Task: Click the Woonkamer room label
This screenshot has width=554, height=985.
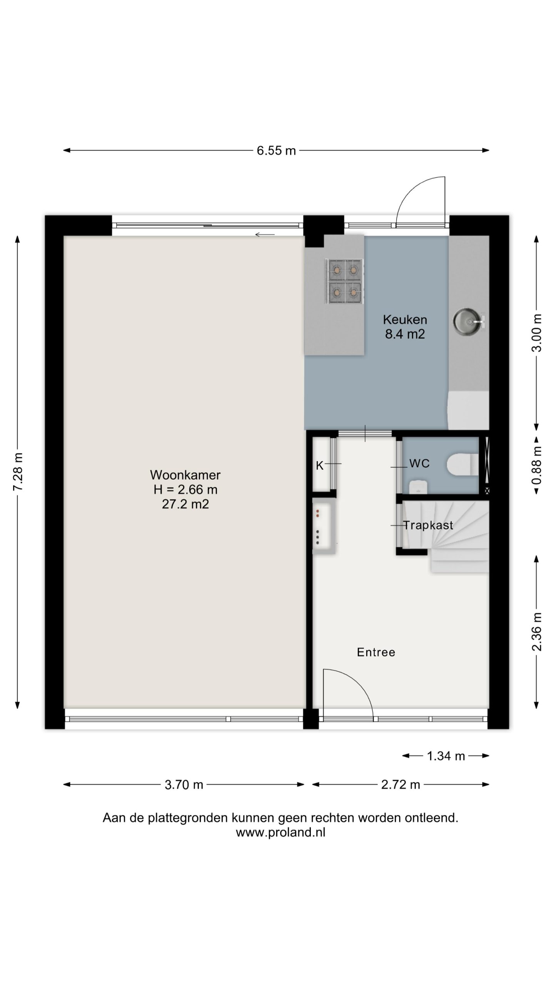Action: (x=185, y=475)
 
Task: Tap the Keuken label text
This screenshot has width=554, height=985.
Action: (x=405, y=319)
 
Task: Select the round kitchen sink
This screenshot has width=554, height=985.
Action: (x=467, y=320)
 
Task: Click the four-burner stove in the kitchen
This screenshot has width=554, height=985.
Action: (x=344, y=282)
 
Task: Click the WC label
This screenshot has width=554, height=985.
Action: (x=419, y=463)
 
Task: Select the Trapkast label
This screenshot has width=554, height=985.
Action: (x=428, y=525)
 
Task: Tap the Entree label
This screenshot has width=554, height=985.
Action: (x=376, y=652)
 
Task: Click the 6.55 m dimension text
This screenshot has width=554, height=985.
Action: (x=276, y=150)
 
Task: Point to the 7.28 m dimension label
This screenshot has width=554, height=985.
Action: (x=18, y=471)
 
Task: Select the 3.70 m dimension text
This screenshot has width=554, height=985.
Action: (x=184, y=785)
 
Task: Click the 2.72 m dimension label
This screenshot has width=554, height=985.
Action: (x=400, y=785)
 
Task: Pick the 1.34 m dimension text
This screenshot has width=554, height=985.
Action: (x=446, y=756)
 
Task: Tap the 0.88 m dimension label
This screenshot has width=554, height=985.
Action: (x=537, y=465)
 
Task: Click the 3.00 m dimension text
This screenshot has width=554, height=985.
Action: (x=537, y=333)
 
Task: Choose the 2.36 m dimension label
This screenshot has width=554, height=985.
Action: (x=537, y=632)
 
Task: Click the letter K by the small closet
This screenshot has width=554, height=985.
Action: (x=320, y=466)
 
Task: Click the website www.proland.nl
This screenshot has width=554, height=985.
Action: (x=280, y=833)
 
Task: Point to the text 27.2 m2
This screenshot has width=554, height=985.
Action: (x=185, y=504)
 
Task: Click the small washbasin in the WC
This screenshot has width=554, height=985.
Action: (x=417, y=487)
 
